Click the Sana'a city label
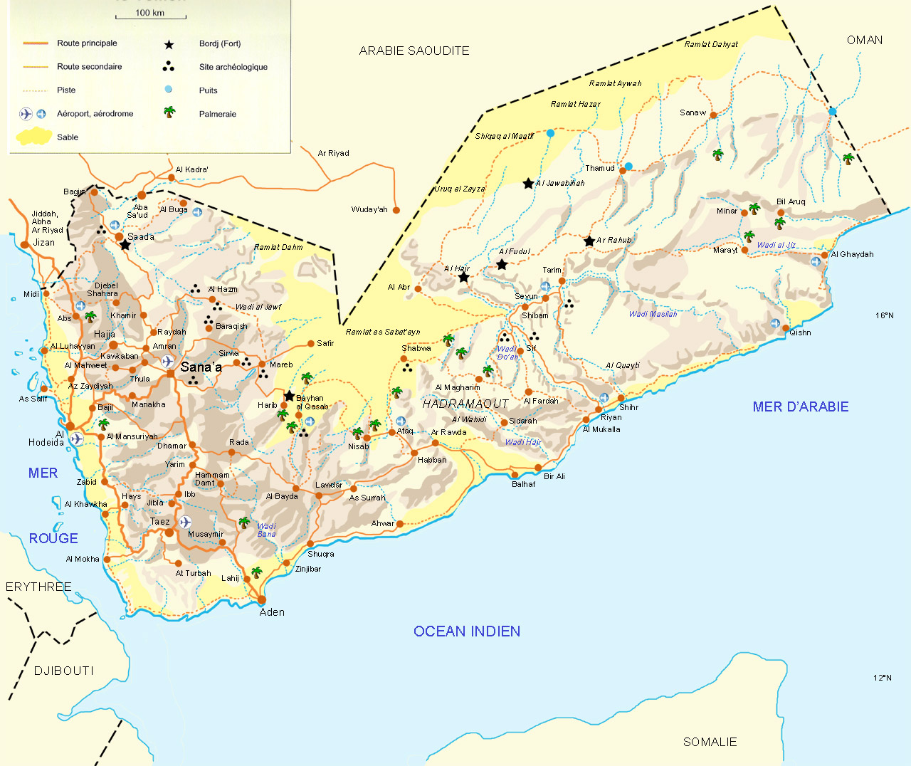pos(201,367)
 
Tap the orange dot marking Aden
pos(261,599)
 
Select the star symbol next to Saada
pos(125,245)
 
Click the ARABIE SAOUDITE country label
pos(414,51)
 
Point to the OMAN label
pos(864,40)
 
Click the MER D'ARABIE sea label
pos(800,406)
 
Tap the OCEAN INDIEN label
pos(466,631)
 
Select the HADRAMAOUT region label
pos(465,404)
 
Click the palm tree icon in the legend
pos(169,112)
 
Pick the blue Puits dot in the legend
pos(169,89)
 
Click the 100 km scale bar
pos(150,16)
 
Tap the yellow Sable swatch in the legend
pos(33,137)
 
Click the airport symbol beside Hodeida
pos(76,439)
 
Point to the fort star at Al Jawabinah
pos(528,184)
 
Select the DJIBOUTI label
pos(63,671)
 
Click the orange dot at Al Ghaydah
pos(825,255)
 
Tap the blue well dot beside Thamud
pos(628,167)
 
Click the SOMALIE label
pos(710,742)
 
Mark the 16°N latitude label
pos(884,315)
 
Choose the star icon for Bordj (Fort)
pos(169,44)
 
